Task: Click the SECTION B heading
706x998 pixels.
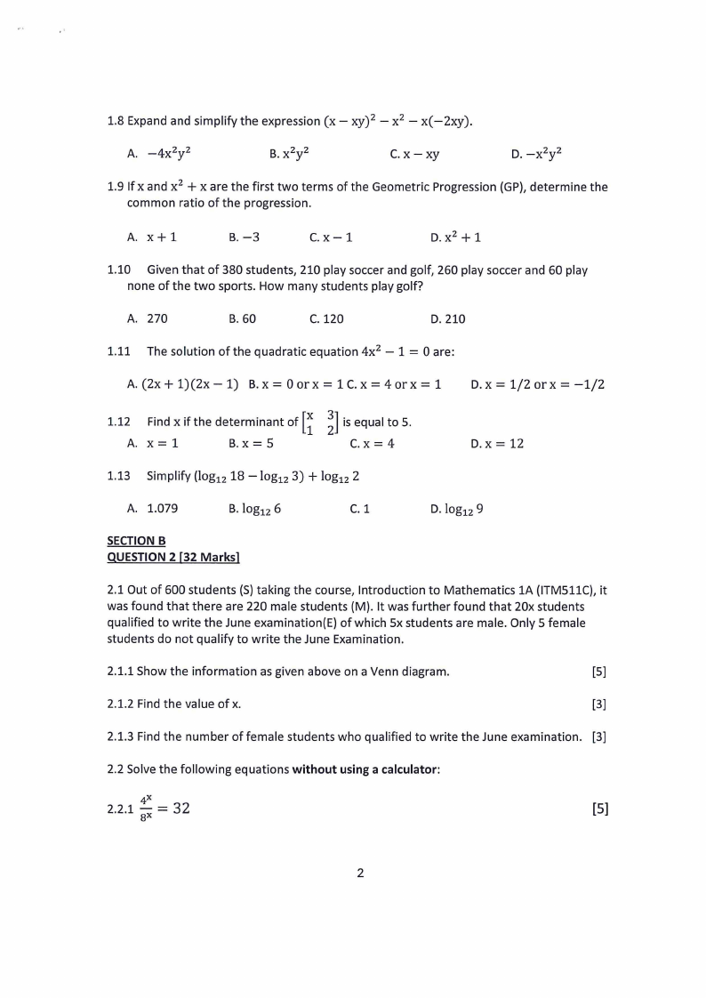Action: [136, 540]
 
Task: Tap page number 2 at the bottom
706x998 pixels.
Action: [360, 873]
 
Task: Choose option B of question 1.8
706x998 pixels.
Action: [289, 154]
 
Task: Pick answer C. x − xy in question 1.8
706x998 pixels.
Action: [414, 154]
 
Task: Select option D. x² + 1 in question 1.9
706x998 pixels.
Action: [455, 237]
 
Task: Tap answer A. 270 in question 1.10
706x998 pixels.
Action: [148, 318]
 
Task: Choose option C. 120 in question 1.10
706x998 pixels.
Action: [326, 318]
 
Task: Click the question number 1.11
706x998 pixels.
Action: [119, 351]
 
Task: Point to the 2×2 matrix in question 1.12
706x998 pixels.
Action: [320, 423]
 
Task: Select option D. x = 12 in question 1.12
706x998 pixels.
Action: [497, 443]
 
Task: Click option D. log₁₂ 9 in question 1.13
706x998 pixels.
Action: [456, 509]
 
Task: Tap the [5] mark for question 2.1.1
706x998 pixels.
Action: [598, 671]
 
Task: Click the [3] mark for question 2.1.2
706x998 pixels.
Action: [598, 704]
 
